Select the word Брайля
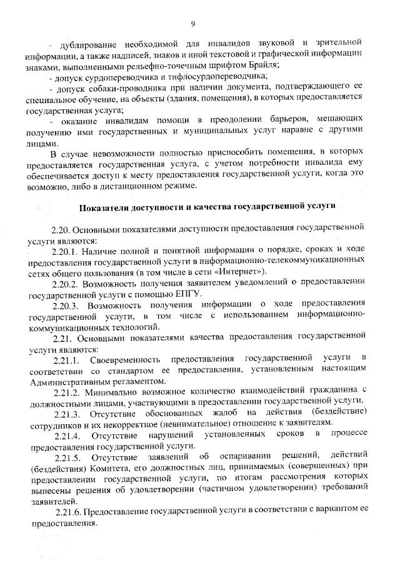coord(263,66)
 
